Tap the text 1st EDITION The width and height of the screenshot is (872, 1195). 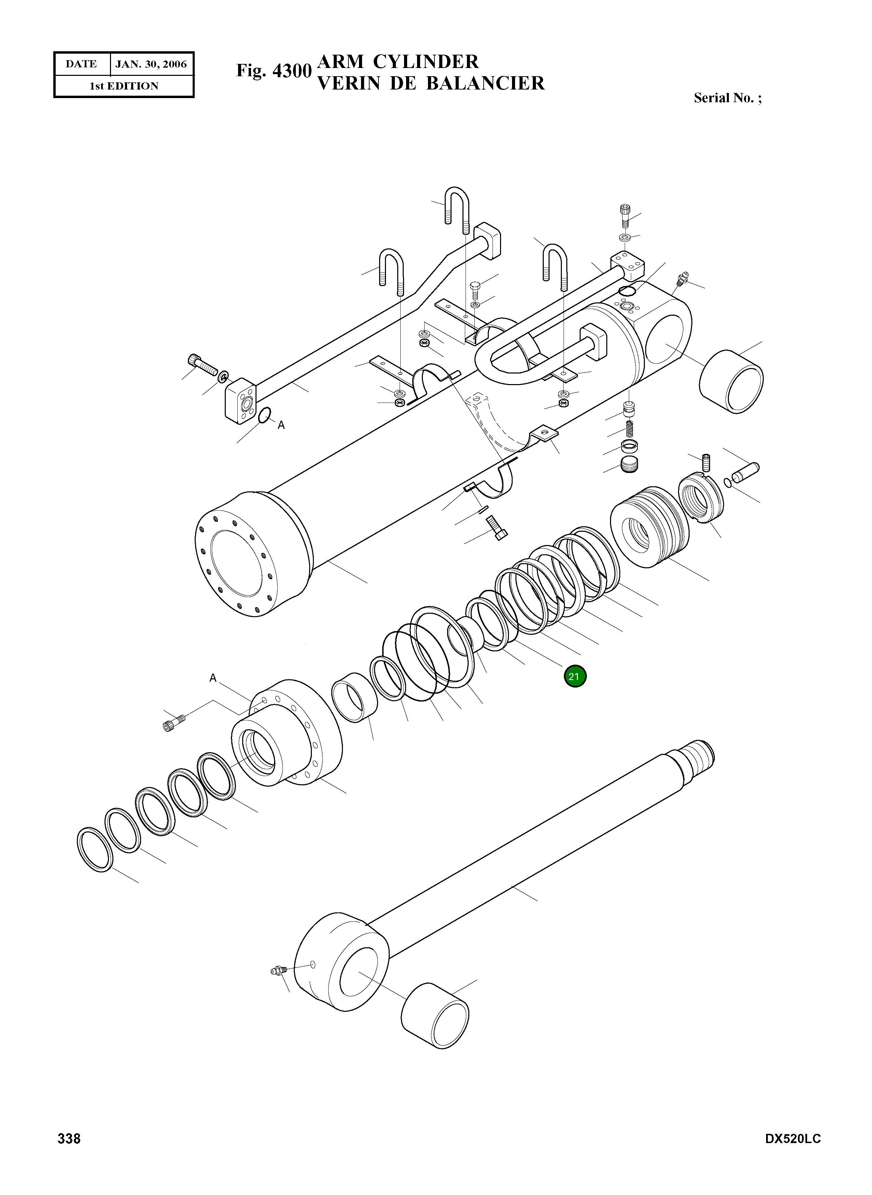click(x=124, y=86)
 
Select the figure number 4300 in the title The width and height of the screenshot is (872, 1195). click(x=291, y=71)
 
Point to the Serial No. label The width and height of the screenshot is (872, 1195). click(x=728, y=98)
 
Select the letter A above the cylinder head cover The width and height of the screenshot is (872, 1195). click(x=213, y=678)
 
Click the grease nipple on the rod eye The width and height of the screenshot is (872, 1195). click(x=277, y=970)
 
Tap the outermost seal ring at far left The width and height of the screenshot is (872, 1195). click(x=95, y=850)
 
